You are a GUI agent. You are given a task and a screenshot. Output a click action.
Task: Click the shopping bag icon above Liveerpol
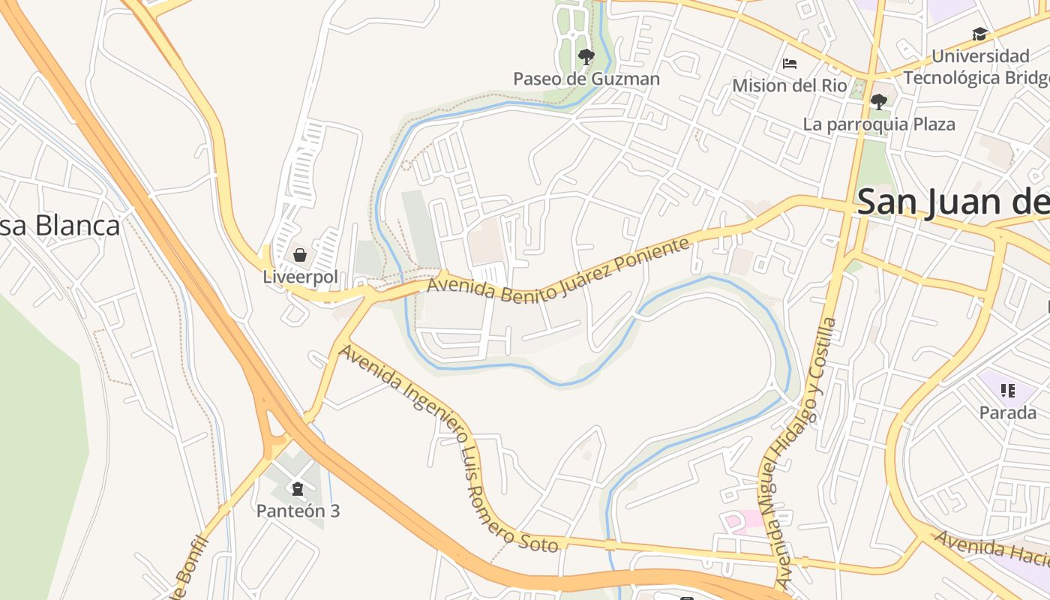pyautogui.click(x=299, y=255)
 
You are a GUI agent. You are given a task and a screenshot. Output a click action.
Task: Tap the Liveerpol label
pyautogui.click(x=300, y=277)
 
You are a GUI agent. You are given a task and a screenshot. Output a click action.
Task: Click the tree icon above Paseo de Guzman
pyautogui.click(x=586, y=56)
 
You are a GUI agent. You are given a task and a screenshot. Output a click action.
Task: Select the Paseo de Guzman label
pyautogui.click(x=586, y=79)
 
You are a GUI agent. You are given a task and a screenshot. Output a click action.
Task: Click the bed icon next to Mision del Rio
pyautogui.click(x=790, y=64)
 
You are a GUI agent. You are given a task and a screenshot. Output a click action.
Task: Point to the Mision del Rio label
pyautogui.click(x=790, y=85)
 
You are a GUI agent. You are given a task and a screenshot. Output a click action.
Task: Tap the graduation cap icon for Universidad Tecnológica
pyautogui.click(x=979, y=34)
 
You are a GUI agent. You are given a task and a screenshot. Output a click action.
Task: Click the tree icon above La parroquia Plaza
pyautogui.click(x=879, y=101)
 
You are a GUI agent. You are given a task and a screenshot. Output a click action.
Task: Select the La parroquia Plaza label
pyautogui.click(x=879, y=124)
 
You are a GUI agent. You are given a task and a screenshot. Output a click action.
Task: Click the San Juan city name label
pyautogui.click(x=952, y=202)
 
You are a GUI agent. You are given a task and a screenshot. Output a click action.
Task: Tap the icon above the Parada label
pyautogui.click(x=1007, y=390)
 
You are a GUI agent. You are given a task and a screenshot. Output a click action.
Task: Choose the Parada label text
pyautogui.click(x=1008, y=412)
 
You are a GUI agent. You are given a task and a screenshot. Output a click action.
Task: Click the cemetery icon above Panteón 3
pyautogui.click(x=298, y=489)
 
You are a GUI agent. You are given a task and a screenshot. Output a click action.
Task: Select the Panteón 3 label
pyautogui.click(x=298, y=511)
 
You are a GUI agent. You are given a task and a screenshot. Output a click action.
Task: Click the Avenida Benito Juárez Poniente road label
pyautogui.click(x=558, y=270)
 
